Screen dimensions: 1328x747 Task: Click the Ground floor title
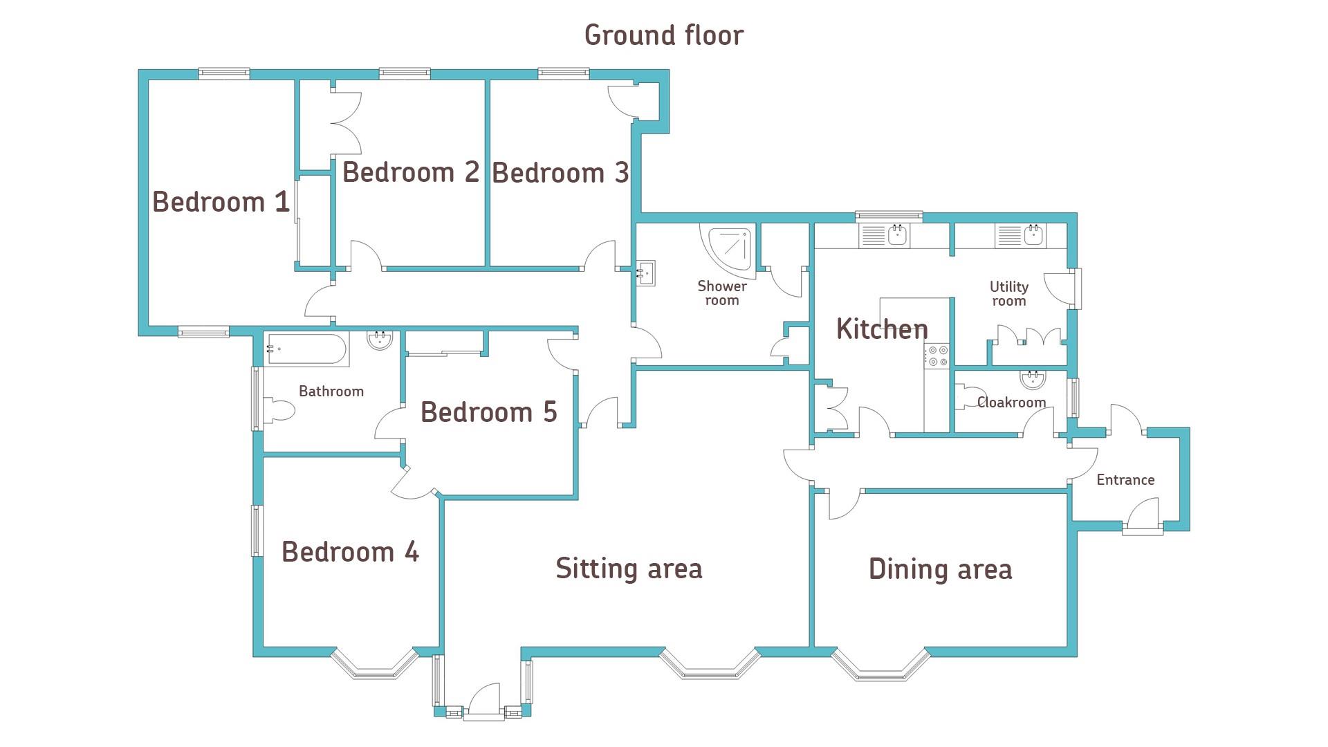664,35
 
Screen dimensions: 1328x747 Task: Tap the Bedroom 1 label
221,202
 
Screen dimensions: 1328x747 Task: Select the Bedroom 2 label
411,172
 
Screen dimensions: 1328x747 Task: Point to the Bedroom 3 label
560,173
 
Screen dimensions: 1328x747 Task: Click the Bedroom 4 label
350,552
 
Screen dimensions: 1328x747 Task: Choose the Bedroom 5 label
488,412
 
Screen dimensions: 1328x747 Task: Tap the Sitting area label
629,569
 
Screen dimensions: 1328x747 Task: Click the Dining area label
940,569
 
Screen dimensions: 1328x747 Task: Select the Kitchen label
882,329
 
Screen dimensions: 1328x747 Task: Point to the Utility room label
1009,293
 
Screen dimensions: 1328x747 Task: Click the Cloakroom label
1011,403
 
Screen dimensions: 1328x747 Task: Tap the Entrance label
1125,480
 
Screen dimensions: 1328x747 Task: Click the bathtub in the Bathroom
306,350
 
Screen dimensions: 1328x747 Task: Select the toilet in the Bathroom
279,410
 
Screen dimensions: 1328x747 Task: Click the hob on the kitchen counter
938,356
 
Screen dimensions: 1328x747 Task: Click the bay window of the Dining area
880,664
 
